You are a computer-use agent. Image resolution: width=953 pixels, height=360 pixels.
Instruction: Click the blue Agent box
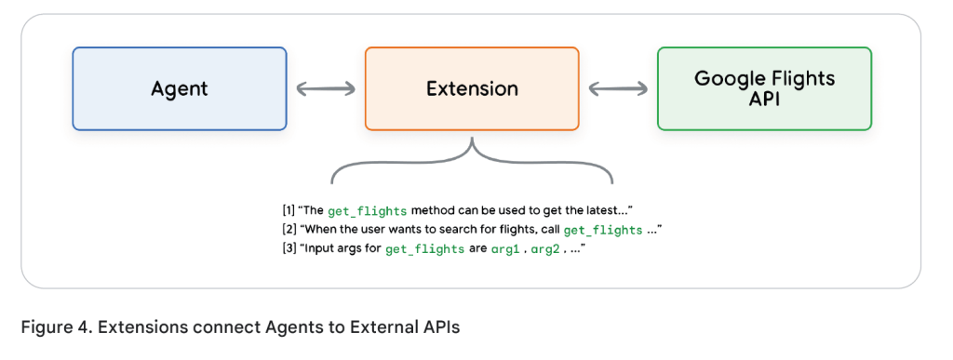click(x=180, y=88)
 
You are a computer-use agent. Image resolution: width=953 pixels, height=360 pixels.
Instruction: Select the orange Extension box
click(x=472, y=88)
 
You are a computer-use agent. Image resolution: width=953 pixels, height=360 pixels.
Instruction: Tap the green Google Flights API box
click(x=765, y=88)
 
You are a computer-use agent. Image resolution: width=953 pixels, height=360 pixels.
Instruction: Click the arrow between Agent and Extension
click(x=326, y=88)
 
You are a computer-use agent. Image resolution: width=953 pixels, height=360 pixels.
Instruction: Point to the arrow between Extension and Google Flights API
click(x=618, y=88)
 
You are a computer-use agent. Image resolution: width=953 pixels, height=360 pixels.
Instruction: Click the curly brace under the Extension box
click(x=472, y=163)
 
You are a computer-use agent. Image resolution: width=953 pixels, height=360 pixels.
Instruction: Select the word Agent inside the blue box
click(x=180, y=89)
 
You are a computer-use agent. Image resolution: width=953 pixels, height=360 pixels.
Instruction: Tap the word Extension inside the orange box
click(x=472, y=88)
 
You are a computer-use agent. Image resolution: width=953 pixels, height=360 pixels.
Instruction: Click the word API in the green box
click(x=765, y=99)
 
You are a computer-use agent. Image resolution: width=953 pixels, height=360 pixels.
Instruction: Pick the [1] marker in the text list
click(x=289, y=210)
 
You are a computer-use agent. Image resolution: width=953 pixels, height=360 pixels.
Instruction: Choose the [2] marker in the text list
click(x=289, y=230)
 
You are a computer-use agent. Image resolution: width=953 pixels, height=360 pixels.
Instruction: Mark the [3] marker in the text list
click(x=289, y=248)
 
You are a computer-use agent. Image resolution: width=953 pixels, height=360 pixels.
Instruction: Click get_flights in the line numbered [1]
click(x=367, y=211)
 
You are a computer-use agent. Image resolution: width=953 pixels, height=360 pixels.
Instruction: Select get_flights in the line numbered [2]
click(x=603, y=230)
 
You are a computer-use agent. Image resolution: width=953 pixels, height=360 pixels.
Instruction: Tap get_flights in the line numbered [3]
click(x=424, y=249)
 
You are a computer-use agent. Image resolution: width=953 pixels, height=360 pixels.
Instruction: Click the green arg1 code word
click(x=505, y=249)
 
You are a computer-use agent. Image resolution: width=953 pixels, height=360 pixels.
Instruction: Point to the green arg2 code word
click(x=546, y=249)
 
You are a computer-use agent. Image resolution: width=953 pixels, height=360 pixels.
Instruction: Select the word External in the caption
click(x=380, y=327)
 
